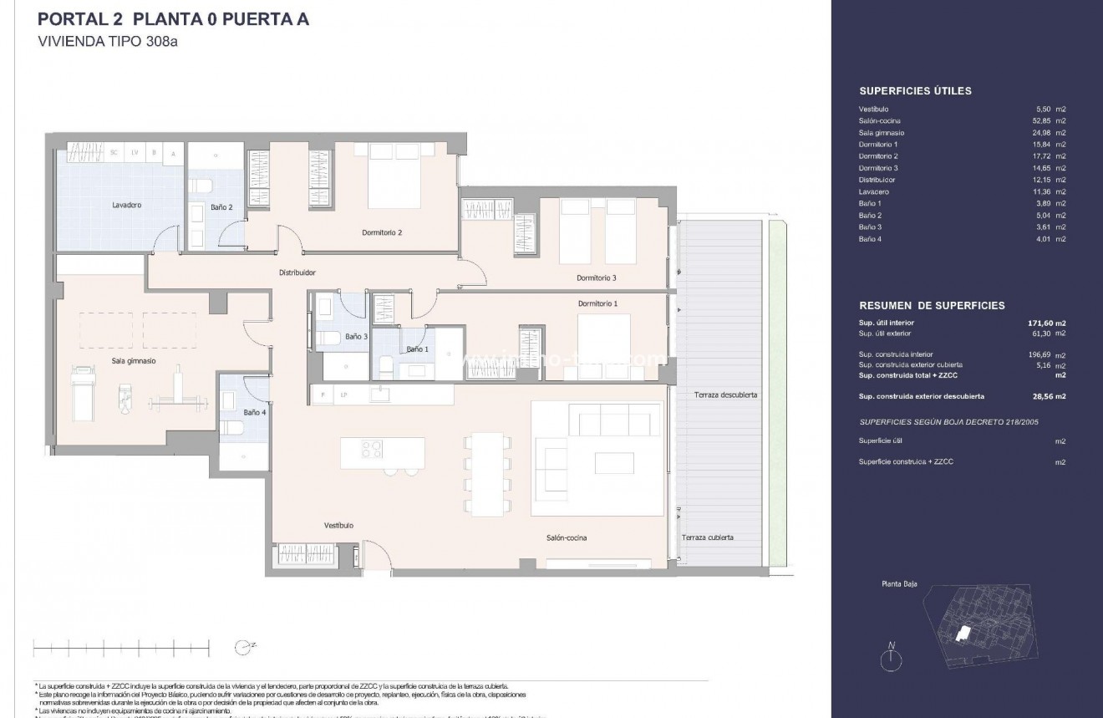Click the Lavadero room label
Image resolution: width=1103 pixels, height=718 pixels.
tap(126, 205)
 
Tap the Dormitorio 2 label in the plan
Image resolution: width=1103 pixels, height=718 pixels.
tap(383, 232)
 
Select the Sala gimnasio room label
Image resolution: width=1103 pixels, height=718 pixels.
tap(135, 361)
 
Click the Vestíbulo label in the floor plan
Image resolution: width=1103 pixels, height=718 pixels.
tap(338, 525)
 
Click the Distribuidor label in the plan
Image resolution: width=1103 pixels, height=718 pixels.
tap(297, 272)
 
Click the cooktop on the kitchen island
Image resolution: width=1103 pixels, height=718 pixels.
tap(372, 449)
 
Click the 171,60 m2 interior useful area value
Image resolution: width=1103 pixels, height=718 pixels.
tap(1045, 322)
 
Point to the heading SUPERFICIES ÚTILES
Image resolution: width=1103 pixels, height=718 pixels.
tap(915, 91)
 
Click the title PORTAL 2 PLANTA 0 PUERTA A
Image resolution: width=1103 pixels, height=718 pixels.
tap(174, 19)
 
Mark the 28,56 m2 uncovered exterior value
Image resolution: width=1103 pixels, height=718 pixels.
tap(1045, 396)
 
